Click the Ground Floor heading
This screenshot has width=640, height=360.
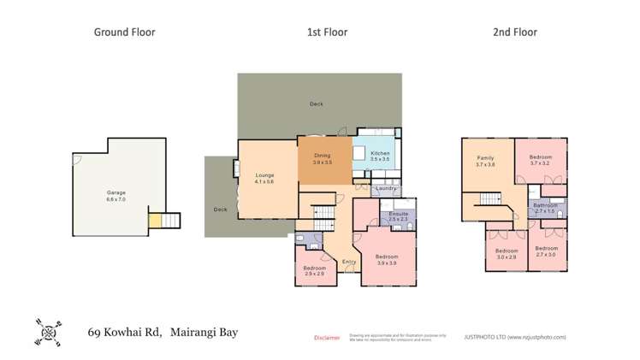[124, 32]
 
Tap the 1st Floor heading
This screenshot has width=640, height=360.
[327, 32]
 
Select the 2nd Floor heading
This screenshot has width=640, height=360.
[514, 32]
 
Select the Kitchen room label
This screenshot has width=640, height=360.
[380, 156]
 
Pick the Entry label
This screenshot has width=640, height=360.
[349, 262]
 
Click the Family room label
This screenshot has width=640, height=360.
[485, 161]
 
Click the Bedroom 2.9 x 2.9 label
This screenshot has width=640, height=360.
[314, 270]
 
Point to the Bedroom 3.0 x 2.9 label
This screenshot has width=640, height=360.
[507, 252]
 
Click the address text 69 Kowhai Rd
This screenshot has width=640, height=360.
[127, 333]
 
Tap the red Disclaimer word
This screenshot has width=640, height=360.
[327, 337]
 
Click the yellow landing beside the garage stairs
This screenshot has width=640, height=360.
[155, 221]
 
